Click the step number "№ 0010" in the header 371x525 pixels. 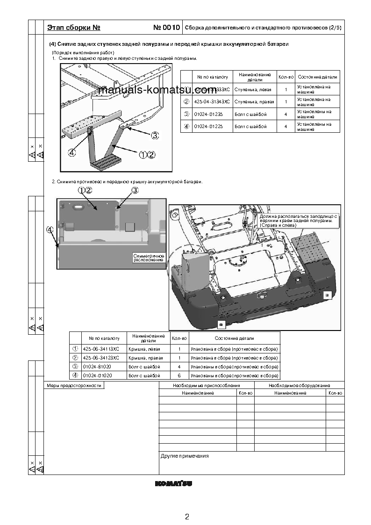(x=166, y=28)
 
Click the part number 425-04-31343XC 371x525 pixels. (x=212, y=101)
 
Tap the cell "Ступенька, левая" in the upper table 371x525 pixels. (x=250, y=89)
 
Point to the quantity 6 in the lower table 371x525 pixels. (x=179, y=375)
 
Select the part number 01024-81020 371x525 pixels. (x=93, y=367)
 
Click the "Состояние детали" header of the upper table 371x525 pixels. (x=317, y=77)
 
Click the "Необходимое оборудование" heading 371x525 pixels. (x=299, y=386)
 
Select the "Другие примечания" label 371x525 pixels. (x=184, y=456)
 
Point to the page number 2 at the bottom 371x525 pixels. (x=187, y=517)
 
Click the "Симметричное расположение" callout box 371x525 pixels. (x=148, y=258)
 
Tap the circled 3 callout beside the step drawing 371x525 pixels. (x=155, y=135)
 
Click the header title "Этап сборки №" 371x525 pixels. (x=74, y=28)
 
